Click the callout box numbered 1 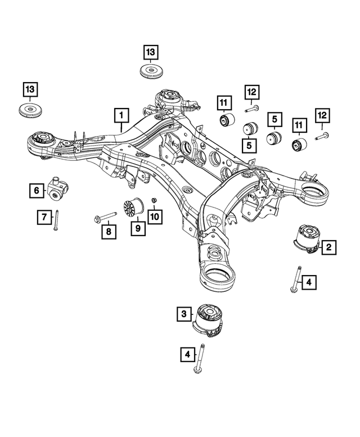coord(120,115)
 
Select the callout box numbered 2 coord(328,246)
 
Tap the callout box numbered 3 coord(184,316)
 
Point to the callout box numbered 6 coord(37,191)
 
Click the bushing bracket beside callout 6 coord(58,188)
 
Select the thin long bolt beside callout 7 coord(57,220)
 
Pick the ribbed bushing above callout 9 coord(133,209)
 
